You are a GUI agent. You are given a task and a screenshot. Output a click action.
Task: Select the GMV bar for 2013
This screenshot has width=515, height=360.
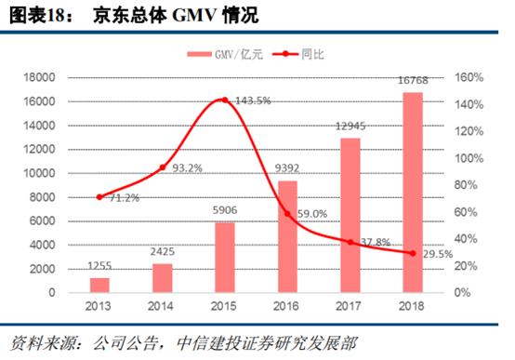point(99,285)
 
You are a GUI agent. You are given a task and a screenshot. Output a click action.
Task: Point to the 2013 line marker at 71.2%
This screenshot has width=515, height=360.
point(99,197)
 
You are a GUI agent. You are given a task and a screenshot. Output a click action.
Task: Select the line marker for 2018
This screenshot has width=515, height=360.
point(413,253)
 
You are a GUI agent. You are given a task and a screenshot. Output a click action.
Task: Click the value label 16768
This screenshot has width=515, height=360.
point(413,85)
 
